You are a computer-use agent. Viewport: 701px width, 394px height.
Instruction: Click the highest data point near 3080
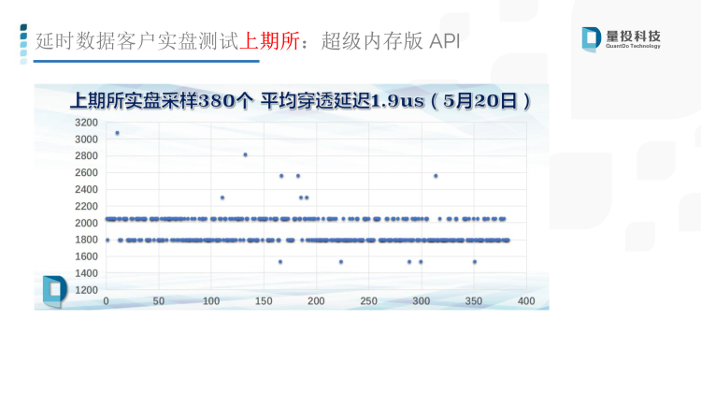tap(117, 133)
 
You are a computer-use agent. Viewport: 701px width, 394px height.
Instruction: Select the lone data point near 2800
tap(246, 155)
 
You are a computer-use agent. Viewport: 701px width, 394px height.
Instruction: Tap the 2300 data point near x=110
tap(222, 197)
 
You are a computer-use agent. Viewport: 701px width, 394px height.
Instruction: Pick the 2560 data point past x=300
tap(436, 176)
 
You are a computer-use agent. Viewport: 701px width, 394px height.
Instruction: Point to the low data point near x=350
tap(475, 262)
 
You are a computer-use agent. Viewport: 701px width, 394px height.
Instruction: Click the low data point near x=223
tap(341, 262)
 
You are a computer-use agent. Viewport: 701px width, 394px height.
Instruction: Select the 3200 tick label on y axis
tap(86, 123)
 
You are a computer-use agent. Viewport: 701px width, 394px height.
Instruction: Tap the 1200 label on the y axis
tap(86, 290)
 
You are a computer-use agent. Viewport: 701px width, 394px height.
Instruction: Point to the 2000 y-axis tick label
tap(86, 223)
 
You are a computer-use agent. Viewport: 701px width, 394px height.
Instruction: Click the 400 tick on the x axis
tap(526, 301)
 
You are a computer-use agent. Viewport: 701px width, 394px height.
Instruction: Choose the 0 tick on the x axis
tap(106, 301)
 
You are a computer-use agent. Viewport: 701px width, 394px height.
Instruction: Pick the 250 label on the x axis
tap(369, 301)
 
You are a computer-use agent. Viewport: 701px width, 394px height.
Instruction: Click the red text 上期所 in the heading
tap(269, 41)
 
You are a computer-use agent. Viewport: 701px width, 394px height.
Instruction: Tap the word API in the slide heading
tap(444, 41)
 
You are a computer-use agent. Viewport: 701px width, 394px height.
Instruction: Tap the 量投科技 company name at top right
tap(633, 36)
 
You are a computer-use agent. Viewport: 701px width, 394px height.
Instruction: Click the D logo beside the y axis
tap(54, 291)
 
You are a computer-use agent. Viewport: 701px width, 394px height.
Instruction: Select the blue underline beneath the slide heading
tap(146, 61)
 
